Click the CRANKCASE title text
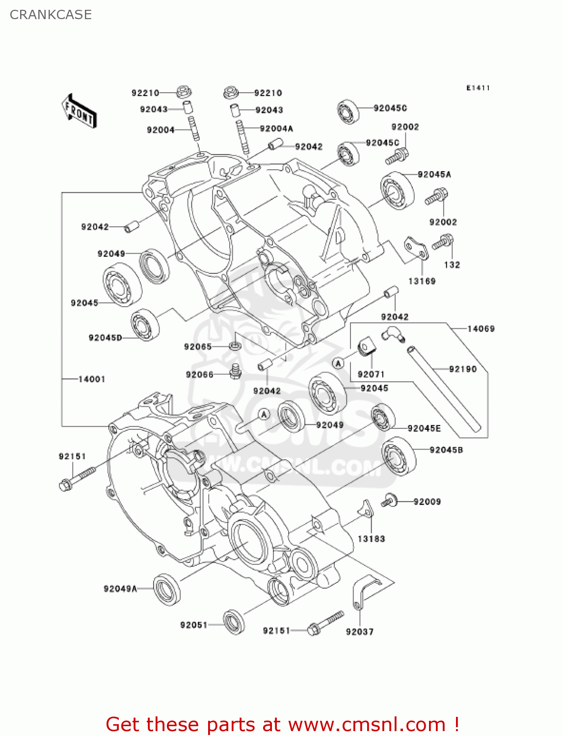(x=51, y=15)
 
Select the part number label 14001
(x=92, y=379)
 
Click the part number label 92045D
(x=105, y=338)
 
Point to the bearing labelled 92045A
(x=397, y=190)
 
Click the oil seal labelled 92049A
(x=167, y=589)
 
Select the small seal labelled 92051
(x=234, y=622)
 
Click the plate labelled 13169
(x=416, y=249)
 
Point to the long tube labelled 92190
(x=443, y=389)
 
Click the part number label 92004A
(x=276, y=129)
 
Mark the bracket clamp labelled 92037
(x=363, y=592)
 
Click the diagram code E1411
(x=478, y=88)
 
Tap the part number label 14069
(x=481, y=329)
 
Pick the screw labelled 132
(x=443, y=242)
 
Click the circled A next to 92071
(x=338, y=363)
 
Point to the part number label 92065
(x=198, y=346)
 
